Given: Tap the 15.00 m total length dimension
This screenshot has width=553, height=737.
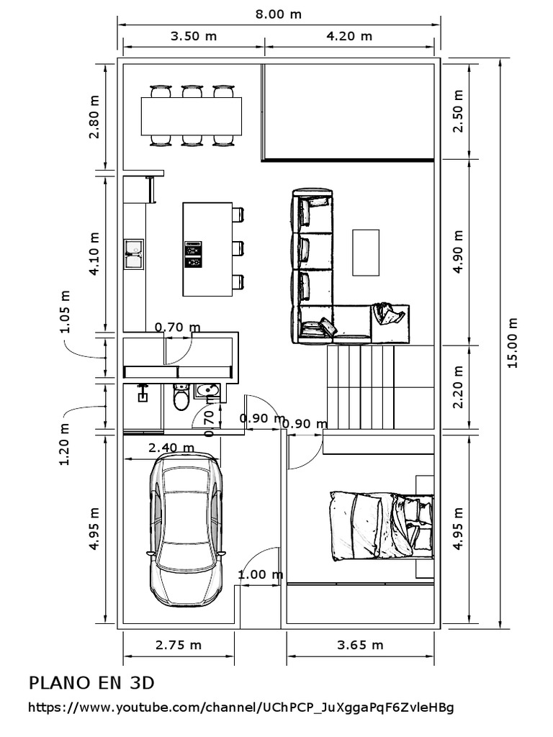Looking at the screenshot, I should tap(513, 343).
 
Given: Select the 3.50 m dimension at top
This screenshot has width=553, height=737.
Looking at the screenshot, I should tap(194, 36).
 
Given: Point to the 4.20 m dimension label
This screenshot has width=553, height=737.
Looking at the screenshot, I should tap(349, 36).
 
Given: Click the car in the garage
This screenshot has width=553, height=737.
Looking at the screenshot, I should tap(185, 532).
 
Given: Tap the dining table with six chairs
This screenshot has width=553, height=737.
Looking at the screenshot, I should tap(192, 115).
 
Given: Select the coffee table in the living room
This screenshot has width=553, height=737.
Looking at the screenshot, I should tap(366, 252).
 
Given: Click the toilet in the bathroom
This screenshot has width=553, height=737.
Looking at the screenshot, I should tap(181, 397).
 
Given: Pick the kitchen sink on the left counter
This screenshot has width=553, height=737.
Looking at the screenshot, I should tap(133, 253).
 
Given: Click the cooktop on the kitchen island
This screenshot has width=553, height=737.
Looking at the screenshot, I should tap(193, 254).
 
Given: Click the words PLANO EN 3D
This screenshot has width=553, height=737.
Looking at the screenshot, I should tap(91, 682).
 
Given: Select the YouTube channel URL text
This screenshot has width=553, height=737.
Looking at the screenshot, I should tap(241, 708).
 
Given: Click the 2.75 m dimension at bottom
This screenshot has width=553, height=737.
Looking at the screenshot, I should tap(179, 645).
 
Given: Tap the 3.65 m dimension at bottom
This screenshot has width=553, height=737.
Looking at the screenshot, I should tap(360, 645).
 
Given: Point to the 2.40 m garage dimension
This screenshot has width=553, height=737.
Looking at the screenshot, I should tap(171, 448).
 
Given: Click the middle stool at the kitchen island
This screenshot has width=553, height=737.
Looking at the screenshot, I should tap(238, 248).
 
